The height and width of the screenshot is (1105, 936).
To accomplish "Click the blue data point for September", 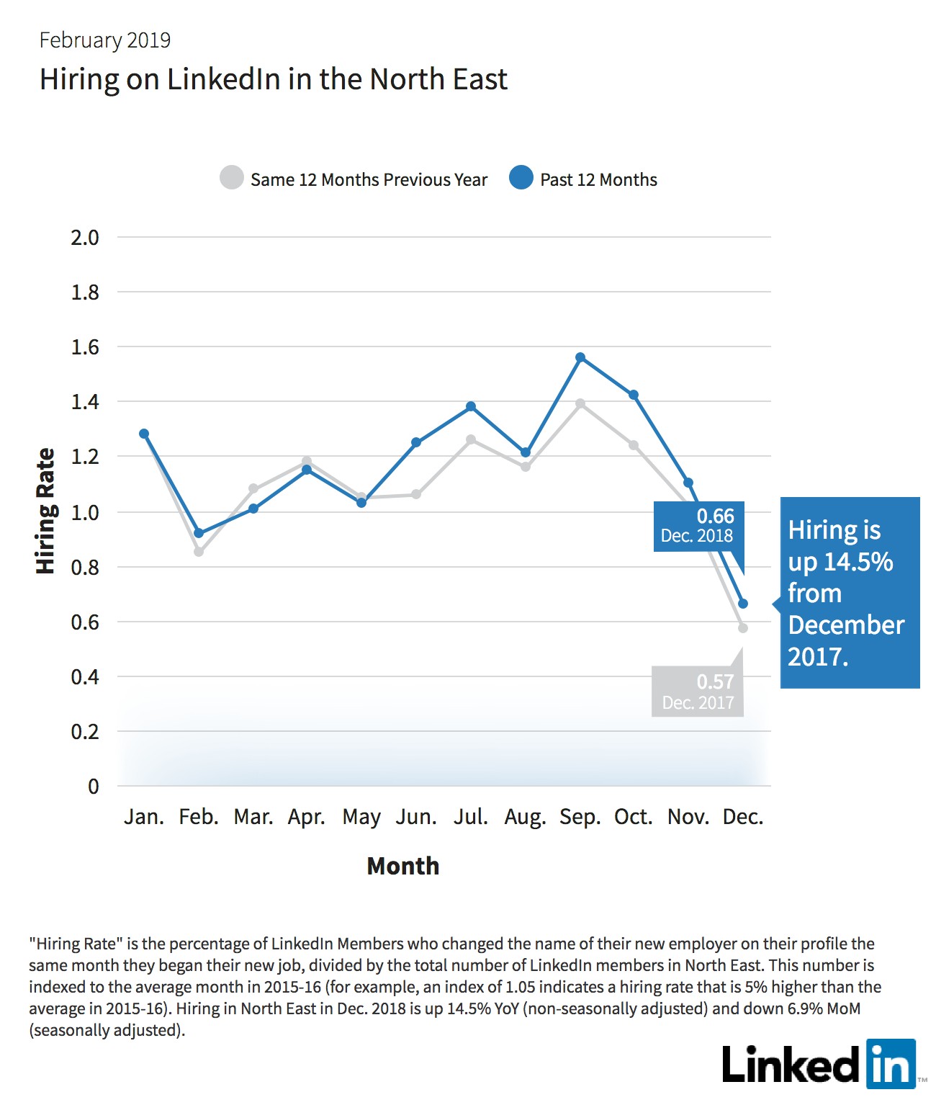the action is [580, 357].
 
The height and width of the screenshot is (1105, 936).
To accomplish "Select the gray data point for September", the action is [580, 403].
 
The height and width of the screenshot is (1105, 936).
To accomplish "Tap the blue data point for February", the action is [199, 533].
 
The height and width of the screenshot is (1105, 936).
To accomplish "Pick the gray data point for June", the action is [416, 494].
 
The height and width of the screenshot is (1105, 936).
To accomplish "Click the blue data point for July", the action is [471, 406].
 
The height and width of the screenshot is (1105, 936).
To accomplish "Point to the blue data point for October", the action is [634, 395].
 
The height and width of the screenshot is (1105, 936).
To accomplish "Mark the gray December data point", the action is [742, 628].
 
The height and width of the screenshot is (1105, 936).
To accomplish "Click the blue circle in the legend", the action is [521, 177].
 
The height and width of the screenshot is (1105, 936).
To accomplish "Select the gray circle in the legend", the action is [231, 177].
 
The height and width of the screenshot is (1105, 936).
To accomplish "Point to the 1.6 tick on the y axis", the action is [85, 347].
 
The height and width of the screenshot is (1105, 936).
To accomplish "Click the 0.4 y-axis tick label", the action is [85, 677].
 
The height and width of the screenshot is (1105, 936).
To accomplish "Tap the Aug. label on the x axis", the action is [525, 817].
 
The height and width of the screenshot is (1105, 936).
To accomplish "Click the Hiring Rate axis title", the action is [45, 511].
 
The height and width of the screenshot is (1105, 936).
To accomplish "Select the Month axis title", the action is [402, 866].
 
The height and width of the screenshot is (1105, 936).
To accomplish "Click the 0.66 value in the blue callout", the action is [716, 516].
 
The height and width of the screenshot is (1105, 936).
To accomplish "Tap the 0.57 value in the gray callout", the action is [716, 681].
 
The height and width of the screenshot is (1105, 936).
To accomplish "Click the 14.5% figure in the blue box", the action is [858, 561].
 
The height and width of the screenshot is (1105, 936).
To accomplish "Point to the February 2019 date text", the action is [105, 40].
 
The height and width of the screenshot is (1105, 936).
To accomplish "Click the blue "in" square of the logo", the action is [891, 1064].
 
